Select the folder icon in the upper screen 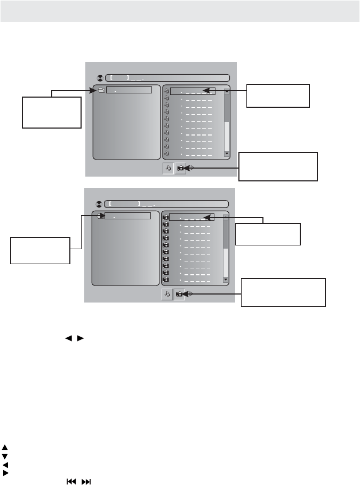(x=101, y=90)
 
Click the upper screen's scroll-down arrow (x=227, y=154)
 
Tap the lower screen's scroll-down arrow (x=226, y=280)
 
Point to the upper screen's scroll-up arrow (x=227, y=91)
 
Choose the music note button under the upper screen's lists (x=168, y=168)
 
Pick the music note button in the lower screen (x=167, y=294)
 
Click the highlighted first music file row (x=193, y=91)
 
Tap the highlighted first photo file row (x=191, y=217)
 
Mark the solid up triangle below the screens (x=5, y=448)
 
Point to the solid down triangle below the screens (x=5, y=456)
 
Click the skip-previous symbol (x=70, y=481)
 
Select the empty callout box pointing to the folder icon (x=52, y=112)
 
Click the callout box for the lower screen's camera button (x=283, y=292)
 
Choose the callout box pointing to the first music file (x=278, y=96)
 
